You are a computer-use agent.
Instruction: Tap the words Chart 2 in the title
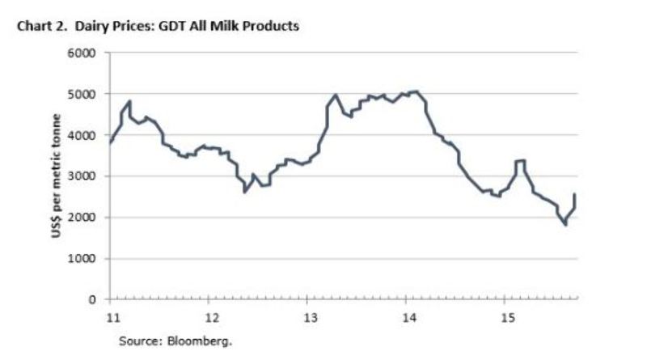click(x=40, y=27)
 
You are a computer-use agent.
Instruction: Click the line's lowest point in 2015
click(x=565, y=225)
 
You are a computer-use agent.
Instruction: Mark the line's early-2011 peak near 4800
click(x=129, y=102)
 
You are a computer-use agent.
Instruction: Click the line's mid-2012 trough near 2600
click(x=244, y=192)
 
